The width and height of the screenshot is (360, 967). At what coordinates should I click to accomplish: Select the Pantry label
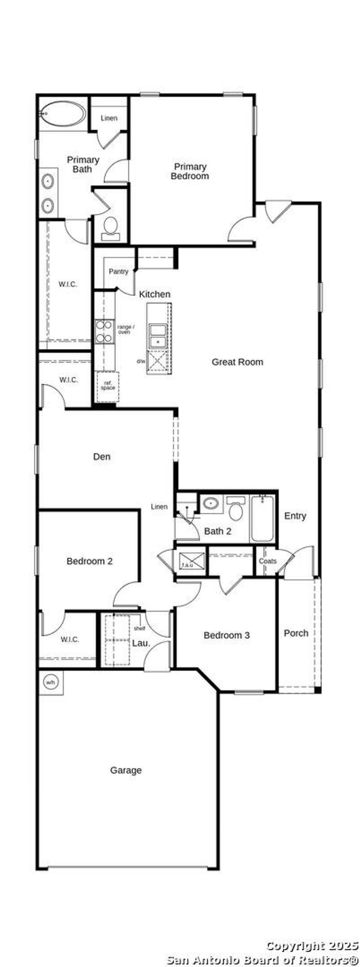pos(118,271)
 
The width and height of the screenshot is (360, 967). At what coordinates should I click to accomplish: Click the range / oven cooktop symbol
pos(104,331)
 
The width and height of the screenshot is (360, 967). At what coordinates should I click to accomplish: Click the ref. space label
pos(108,386)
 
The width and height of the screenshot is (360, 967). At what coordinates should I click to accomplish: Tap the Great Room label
pos(237,362)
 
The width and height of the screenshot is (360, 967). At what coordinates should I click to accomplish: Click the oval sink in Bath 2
pos(211,503)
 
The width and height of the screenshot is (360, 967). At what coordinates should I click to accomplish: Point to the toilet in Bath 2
pos(236,510)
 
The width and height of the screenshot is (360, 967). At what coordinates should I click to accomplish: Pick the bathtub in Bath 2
pos(262,518)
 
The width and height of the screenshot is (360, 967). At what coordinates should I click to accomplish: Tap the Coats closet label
pos(267,561)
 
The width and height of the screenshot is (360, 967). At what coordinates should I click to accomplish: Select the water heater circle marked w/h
pos(50,682)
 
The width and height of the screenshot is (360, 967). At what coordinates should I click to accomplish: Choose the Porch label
pos(296,633)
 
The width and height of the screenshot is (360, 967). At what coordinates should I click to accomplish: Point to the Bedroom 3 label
pos(226,635)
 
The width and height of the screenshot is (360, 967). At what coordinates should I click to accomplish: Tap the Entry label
pos(295,516)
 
